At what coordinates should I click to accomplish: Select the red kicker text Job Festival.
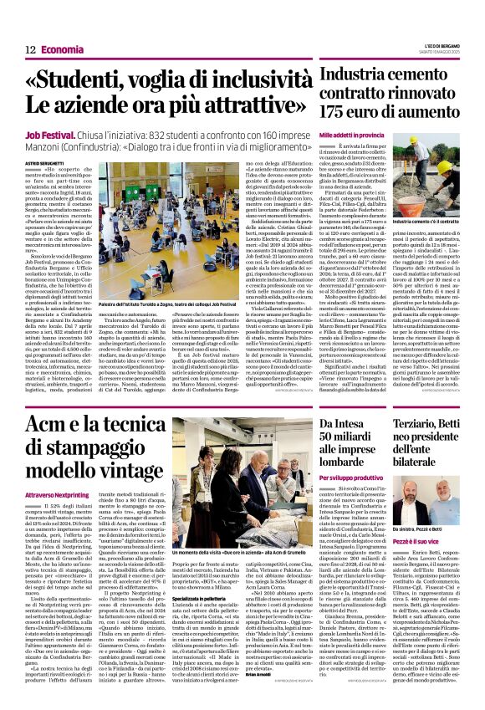(49, 133)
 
